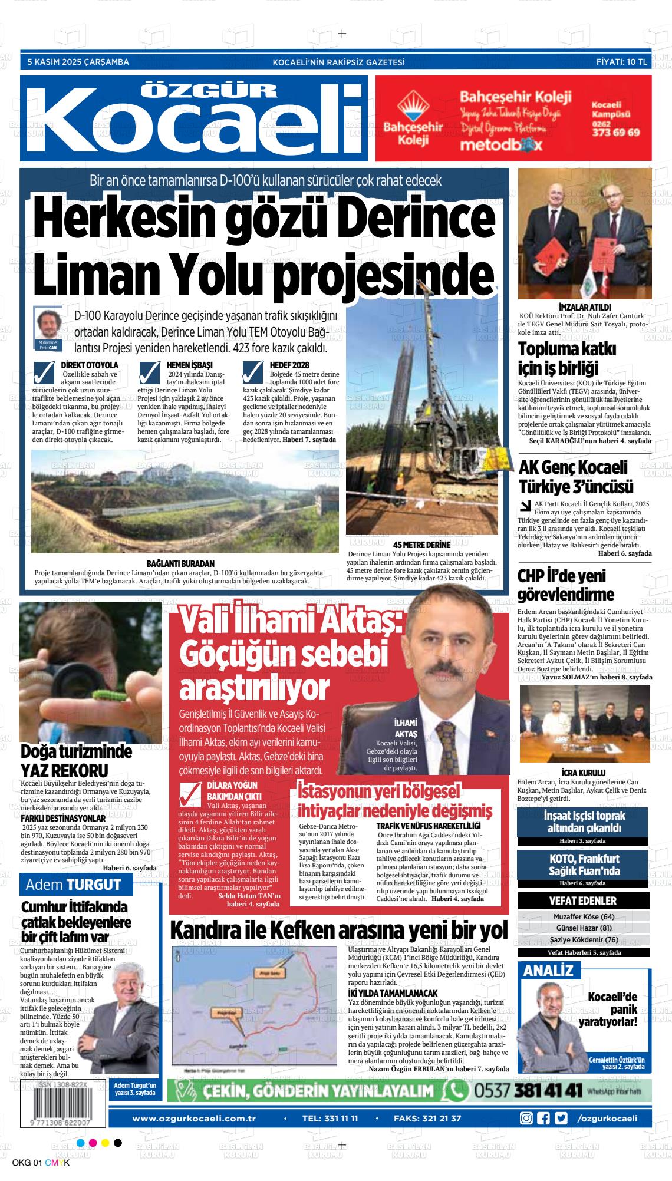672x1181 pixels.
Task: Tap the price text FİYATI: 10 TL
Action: click(621, 62)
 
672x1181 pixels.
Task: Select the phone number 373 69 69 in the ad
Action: click(615, 133)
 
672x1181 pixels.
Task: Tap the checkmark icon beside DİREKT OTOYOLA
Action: click(46, 372)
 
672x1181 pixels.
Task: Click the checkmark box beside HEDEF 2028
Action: click(253, 372)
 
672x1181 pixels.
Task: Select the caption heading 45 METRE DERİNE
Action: click(421, 545)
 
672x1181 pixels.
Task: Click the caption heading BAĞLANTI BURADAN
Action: click(180, 563)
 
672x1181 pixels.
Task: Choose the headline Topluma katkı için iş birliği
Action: click(559, 358)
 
